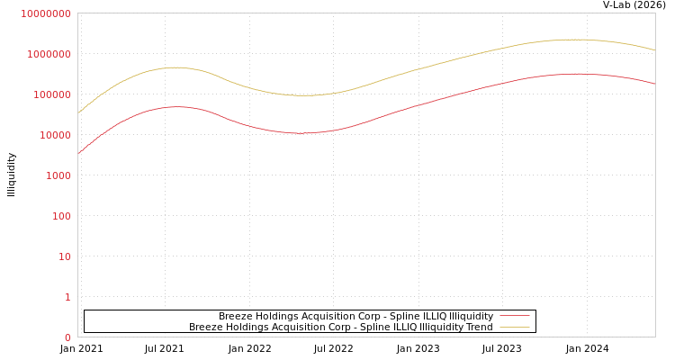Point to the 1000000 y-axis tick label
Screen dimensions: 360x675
(49, 54)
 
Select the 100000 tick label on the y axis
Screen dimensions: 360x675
(51, 94)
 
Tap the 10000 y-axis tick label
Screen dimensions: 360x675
(54, 135)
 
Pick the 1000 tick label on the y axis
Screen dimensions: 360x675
(58, 175)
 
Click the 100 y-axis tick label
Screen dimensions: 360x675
(61, 216)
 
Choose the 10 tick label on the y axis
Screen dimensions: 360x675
(65, 256)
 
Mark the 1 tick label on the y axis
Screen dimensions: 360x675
(67, 297)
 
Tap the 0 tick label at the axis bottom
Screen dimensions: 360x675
(67, 337)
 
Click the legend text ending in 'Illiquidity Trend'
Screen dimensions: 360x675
(340, 327)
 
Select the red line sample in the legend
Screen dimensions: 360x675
(514, 316)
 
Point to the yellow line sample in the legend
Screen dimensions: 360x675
(514, 327)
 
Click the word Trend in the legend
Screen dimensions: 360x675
(478, 327)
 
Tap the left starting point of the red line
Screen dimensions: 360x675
(78, 154)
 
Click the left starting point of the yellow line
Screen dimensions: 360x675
(78, 113)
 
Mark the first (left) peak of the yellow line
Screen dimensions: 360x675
(175, 67)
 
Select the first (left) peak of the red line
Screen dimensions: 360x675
(176, 107)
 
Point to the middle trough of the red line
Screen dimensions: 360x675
(301, 133)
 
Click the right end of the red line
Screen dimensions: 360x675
(654, 84)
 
